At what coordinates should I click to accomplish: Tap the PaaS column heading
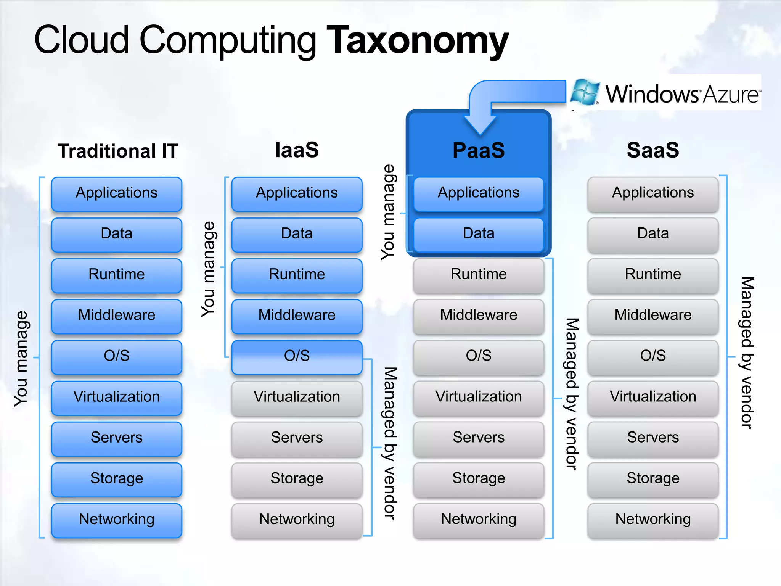pos(479,150)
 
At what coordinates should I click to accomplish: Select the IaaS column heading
pos(297,150)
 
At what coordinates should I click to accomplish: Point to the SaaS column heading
pos(653,150)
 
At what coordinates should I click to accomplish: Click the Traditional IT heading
pos(118,151)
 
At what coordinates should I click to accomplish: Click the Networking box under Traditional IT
pos(117,520)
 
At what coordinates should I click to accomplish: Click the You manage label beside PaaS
pos(389,212)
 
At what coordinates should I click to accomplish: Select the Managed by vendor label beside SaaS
pos(747,353)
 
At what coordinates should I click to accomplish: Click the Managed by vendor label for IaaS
pos(390,443)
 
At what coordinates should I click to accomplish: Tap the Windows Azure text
pos(683,94)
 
